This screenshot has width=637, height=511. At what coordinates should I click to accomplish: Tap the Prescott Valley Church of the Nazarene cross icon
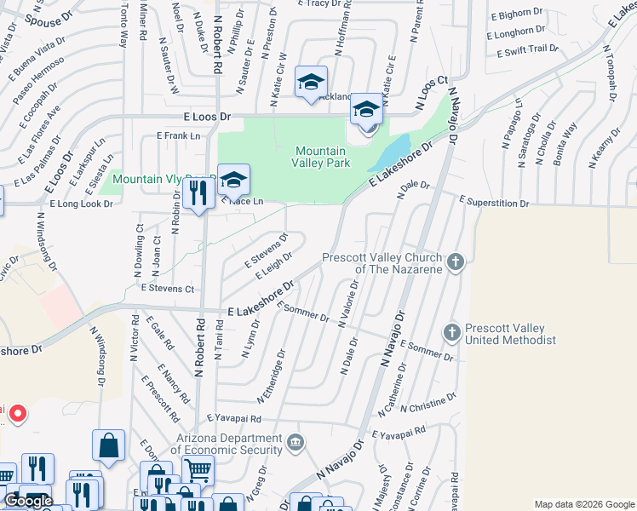456,261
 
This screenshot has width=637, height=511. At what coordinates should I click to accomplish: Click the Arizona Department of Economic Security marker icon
295,441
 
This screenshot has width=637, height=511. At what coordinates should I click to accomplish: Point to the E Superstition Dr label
494,203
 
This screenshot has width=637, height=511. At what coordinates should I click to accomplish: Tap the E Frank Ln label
178,135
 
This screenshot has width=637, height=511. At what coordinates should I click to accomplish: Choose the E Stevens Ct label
168,289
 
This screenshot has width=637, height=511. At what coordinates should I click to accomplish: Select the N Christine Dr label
428,404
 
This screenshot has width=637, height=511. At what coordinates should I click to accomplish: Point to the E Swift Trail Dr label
526,50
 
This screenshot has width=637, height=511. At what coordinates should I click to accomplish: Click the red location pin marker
17,415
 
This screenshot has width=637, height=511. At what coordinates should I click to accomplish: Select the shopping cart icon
197,468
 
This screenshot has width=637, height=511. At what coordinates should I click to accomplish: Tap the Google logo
29,500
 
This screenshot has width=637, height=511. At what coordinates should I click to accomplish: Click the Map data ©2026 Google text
583,504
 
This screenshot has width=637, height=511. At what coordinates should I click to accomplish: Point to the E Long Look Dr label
82,204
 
